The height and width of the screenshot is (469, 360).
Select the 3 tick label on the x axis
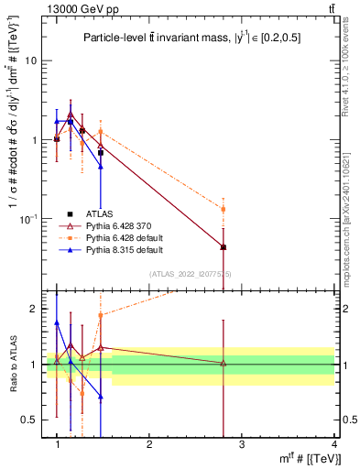[241, 444]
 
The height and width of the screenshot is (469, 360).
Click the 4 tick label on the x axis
[333, 444]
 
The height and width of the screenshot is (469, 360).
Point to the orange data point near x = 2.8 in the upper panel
[223, 210]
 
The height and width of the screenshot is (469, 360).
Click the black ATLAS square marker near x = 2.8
[223, 247]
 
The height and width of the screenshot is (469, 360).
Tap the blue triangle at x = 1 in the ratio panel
[57, 322]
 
